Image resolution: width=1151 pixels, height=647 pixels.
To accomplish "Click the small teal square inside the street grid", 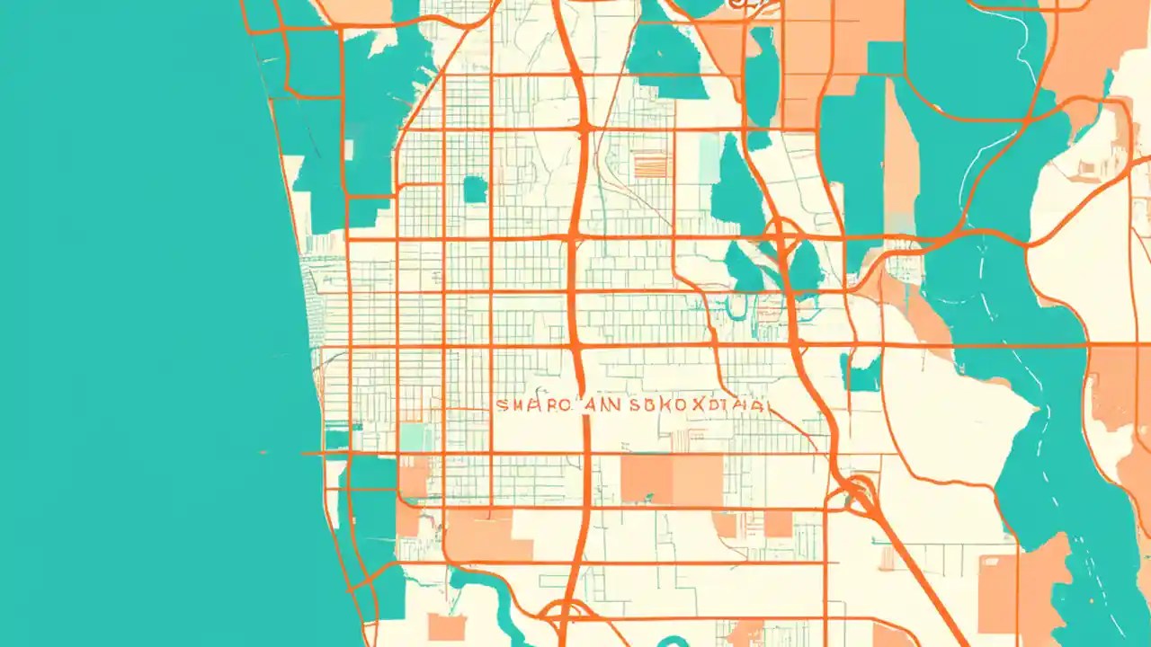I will [474, 189].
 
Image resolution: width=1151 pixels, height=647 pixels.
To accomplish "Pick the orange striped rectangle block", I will [651, 164].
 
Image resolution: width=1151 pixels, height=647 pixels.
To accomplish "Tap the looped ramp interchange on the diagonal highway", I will [859, 492].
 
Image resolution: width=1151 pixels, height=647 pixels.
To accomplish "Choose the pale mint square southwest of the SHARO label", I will [415, 438].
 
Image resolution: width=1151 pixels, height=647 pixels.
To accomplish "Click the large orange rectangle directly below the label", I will [671, 479].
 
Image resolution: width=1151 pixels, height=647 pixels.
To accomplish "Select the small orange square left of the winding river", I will [446, 626].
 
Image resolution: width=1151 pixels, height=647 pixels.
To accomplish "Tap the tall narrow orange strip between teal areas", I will [900, 153].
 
